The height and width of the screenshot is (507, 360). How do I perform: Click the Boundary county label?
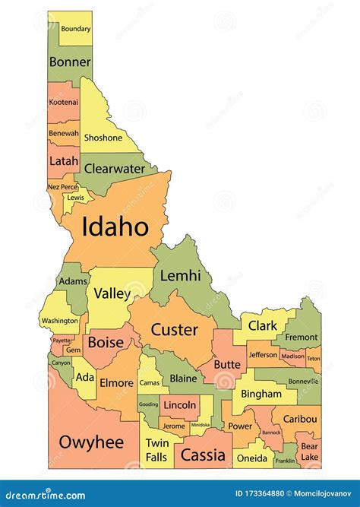point(76,29)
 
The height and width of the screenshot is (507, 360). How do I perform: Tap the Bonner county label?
point(70,62)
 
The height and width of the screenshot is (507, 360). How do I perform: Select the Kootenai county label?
point(63,102)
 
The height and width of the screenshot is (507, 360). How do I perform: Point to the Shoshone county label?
point(103,138)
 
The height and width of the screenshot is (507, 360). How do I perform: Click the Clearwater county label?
point(114,169)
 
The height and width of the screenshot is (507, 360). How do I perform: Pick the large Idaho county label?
point(114,227)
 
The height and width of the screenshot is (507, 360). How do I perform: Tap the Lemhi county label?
point(180,275)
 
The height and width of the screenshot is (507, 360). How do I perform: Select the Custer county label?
point(174,330)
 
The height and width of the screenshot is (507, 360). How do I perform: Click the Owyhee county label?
point(91,442)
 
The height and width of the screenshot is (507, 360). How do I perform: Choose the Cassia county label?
point(203,455)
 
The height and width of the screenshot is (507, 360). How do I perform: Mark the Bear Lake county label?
point(309,452)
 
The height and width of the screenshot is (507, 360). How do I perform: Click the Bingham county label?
point(263,395)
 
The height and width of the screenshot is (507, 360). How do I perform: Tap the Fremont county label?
point(302,337)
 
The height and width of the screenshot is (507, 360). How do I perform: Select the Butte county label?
point(227,364)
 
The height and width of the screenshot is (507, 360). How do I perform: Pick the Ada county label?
point(85,378)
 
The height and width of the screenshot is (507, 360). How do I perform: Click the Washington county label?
point(59,321)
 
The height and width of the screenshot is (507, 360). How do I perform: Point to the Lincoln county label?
point(179,405)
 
